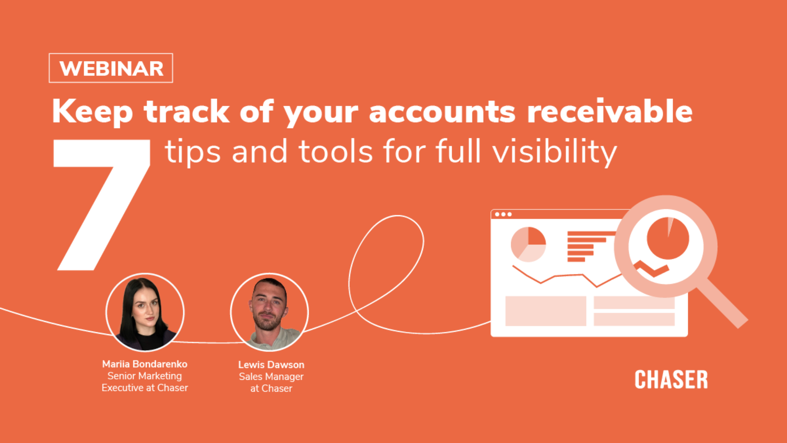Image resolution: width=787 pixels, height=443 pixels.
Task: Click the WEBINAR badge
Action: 111,68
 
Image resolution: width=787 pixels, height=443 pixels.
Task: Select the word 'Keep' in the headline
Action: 93,112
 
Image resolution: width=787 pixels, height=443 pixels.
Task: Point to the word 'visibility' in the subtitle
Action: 555,152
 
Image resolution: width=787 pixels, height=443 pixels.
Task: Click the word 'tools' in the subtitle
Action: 336,151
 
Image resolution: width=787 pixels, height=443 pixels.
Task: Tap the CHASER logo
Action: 671,379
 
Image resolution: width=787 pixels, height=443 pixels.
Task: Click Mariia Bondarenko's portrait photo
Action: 145,313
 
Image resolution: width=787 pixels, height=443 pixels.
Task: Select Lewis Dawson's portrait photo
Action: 269,313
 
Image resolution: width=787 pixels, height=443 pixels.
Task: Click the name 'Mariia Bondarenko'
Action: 145,364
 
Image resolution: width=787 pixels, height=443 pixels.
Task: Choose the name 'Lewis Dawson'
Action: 271,365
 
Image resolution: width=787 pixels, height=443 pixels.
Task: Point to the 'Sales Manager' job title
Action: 271,377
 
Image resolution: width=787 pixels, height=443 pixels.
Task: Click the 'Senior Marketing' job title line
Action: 145,376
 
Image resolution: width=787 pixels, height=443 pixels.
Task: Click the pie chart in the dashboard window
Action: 528,244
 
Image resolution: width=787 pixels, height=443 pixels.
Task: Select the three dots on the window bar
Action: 503,214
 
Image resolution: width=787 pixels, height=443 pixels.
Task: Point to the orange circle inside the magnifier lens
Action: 668,238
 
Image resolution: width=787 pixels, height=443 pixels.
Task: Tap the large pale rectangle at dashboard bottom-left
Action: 546,311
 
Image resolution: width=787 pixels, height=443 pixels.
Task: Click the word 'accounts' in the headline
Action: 442,112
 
